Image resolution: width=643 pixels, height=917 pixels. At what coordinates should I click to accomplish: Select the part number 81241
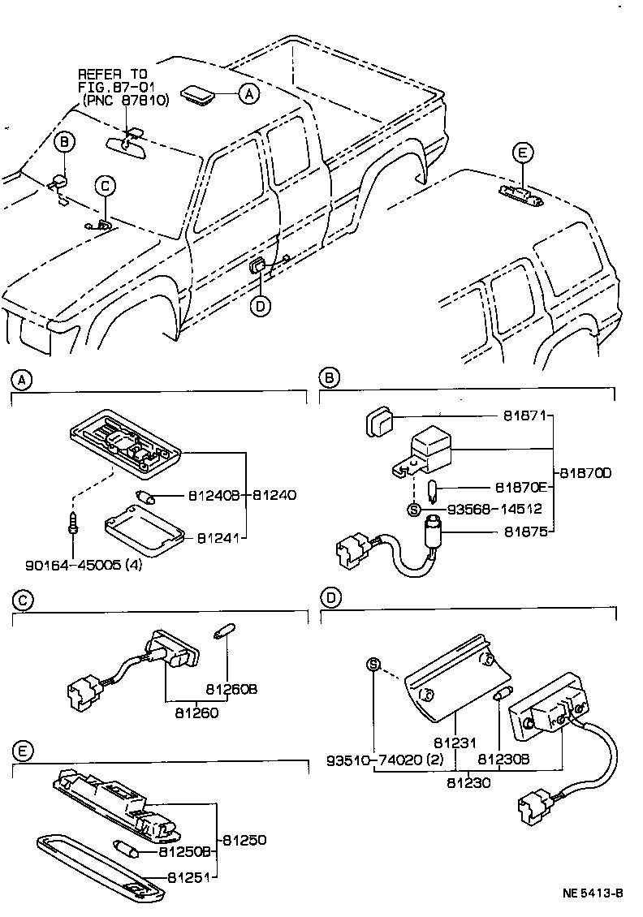pyautogui.click(x=215, y=536)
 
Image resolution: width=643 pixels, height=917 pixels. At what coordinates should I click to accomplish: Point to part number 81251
pyautogui.click(x=193, y=877)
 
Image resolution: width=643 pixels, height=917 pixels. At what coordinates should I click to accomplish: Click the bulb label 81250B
pyautogui.click(x=188, y=852)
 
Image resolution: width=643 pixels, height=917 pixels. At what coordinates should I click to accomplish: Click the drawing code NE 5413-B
pyautogui.click(x=592, y=893)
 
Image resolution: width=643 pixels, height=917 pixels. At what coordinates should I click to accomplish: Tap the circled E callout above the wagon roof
pyautogui.click(x=522, y=153)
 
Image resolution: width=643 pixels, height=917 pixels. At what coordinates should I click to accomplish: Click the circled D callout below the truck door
pyautogui.click(x=259, y=305)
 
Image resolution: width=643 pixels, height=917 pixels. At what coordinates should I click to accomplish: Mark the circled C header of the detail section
pyautogui.click(x=24, y=600)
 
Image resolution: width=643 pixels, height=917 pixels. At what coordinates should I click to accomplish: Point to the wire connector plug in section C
pyautogui.click(x=81, y=691)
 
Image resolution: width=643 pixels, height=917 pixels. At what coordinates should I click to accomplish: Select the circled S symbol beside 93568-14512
pyautogui.click(x=414, y=510)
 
